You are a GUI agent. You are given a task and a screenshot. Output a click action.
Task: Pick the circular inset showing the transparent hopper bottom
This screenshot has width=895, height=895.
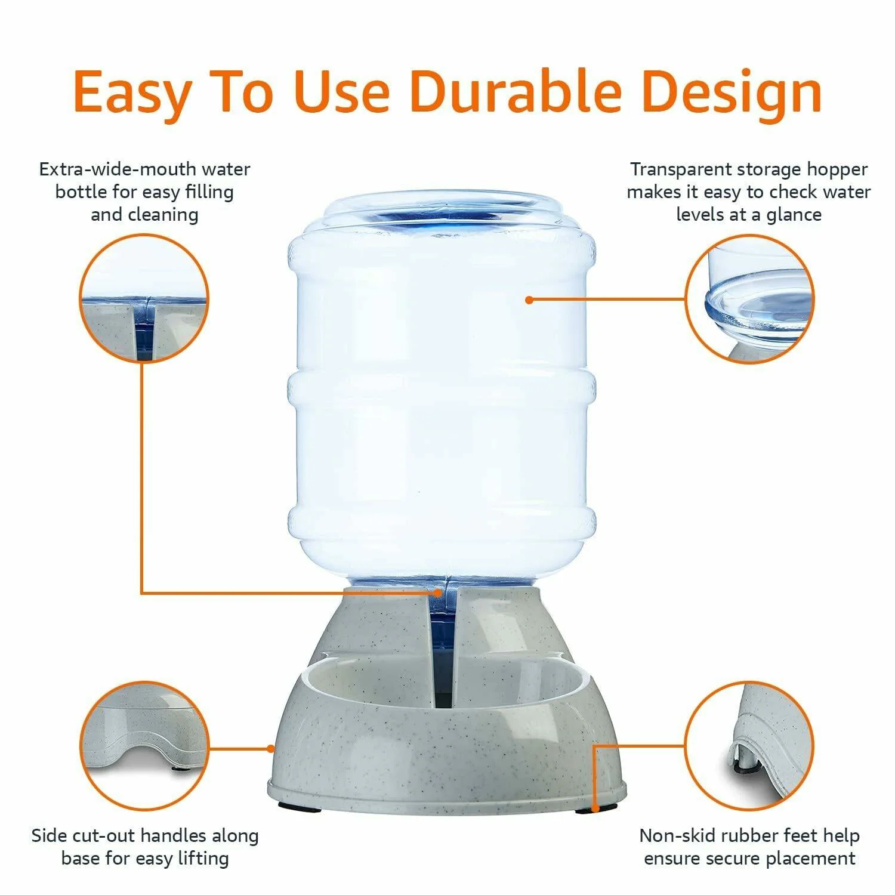point(750,298)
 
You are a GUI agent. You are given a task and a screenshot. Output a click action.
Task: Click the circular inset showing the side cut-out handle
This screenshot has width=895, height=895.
point(144,746)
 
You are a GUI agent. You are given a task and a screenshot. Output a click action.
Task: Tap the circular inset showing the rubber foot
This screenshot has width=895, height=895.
point(750,746)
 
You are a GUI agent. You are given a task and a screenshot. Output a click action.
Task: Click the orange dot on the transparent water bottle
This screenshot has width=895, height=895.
point(529,300)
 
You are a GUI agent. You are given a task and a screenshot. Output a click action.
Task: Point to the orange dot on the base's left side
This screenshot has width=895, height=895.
point(271,748)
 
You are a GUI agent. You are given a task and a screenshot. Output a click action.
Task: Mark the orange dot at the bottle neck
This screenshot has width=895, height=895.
point(440,592)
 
